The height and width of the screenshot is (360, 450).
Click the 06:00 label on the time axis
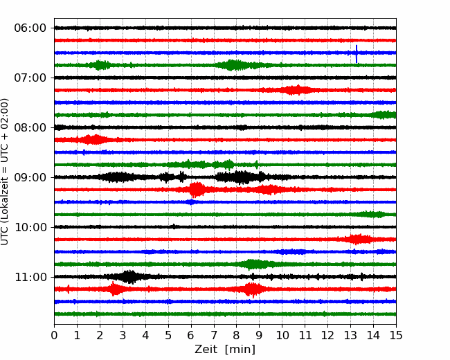30,28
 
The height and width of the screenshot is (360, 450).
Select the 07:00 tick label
30,78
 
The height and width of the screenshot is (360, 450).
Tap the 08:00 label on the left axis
30,127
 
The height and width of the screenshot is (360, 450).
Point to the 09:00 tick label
30,177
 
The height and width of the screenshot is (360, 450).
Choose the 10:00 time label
30,227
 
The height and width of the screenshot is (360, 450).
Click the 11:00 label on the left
30,277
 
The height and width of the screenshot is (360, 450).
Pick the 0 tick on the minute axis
54,335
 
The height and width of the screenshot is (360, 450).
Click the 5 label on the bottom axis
168,335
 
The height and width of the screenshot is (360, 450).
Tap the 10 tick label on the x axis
282,335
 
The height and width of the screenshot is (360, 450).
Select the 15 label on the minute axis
396,335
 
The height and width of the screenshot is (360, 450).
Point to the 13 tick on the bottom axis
350,335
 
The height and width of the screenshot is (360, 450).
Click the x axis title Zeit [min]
225,350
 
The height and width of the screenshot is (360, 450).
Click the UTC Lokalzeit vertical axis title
5,172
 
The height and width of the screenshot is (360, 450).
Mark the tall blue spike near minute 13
357,54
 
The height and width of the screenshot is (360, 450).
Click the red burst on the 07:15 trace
296,90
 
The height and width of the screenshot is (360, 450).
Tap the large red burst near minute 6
196,190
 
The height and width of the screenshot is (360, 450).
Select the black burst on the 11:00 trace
128,277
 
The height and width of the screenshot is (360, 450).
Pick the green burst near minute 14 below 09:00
372,215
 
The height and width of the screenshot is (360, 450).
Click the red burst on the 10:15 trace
358,239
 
